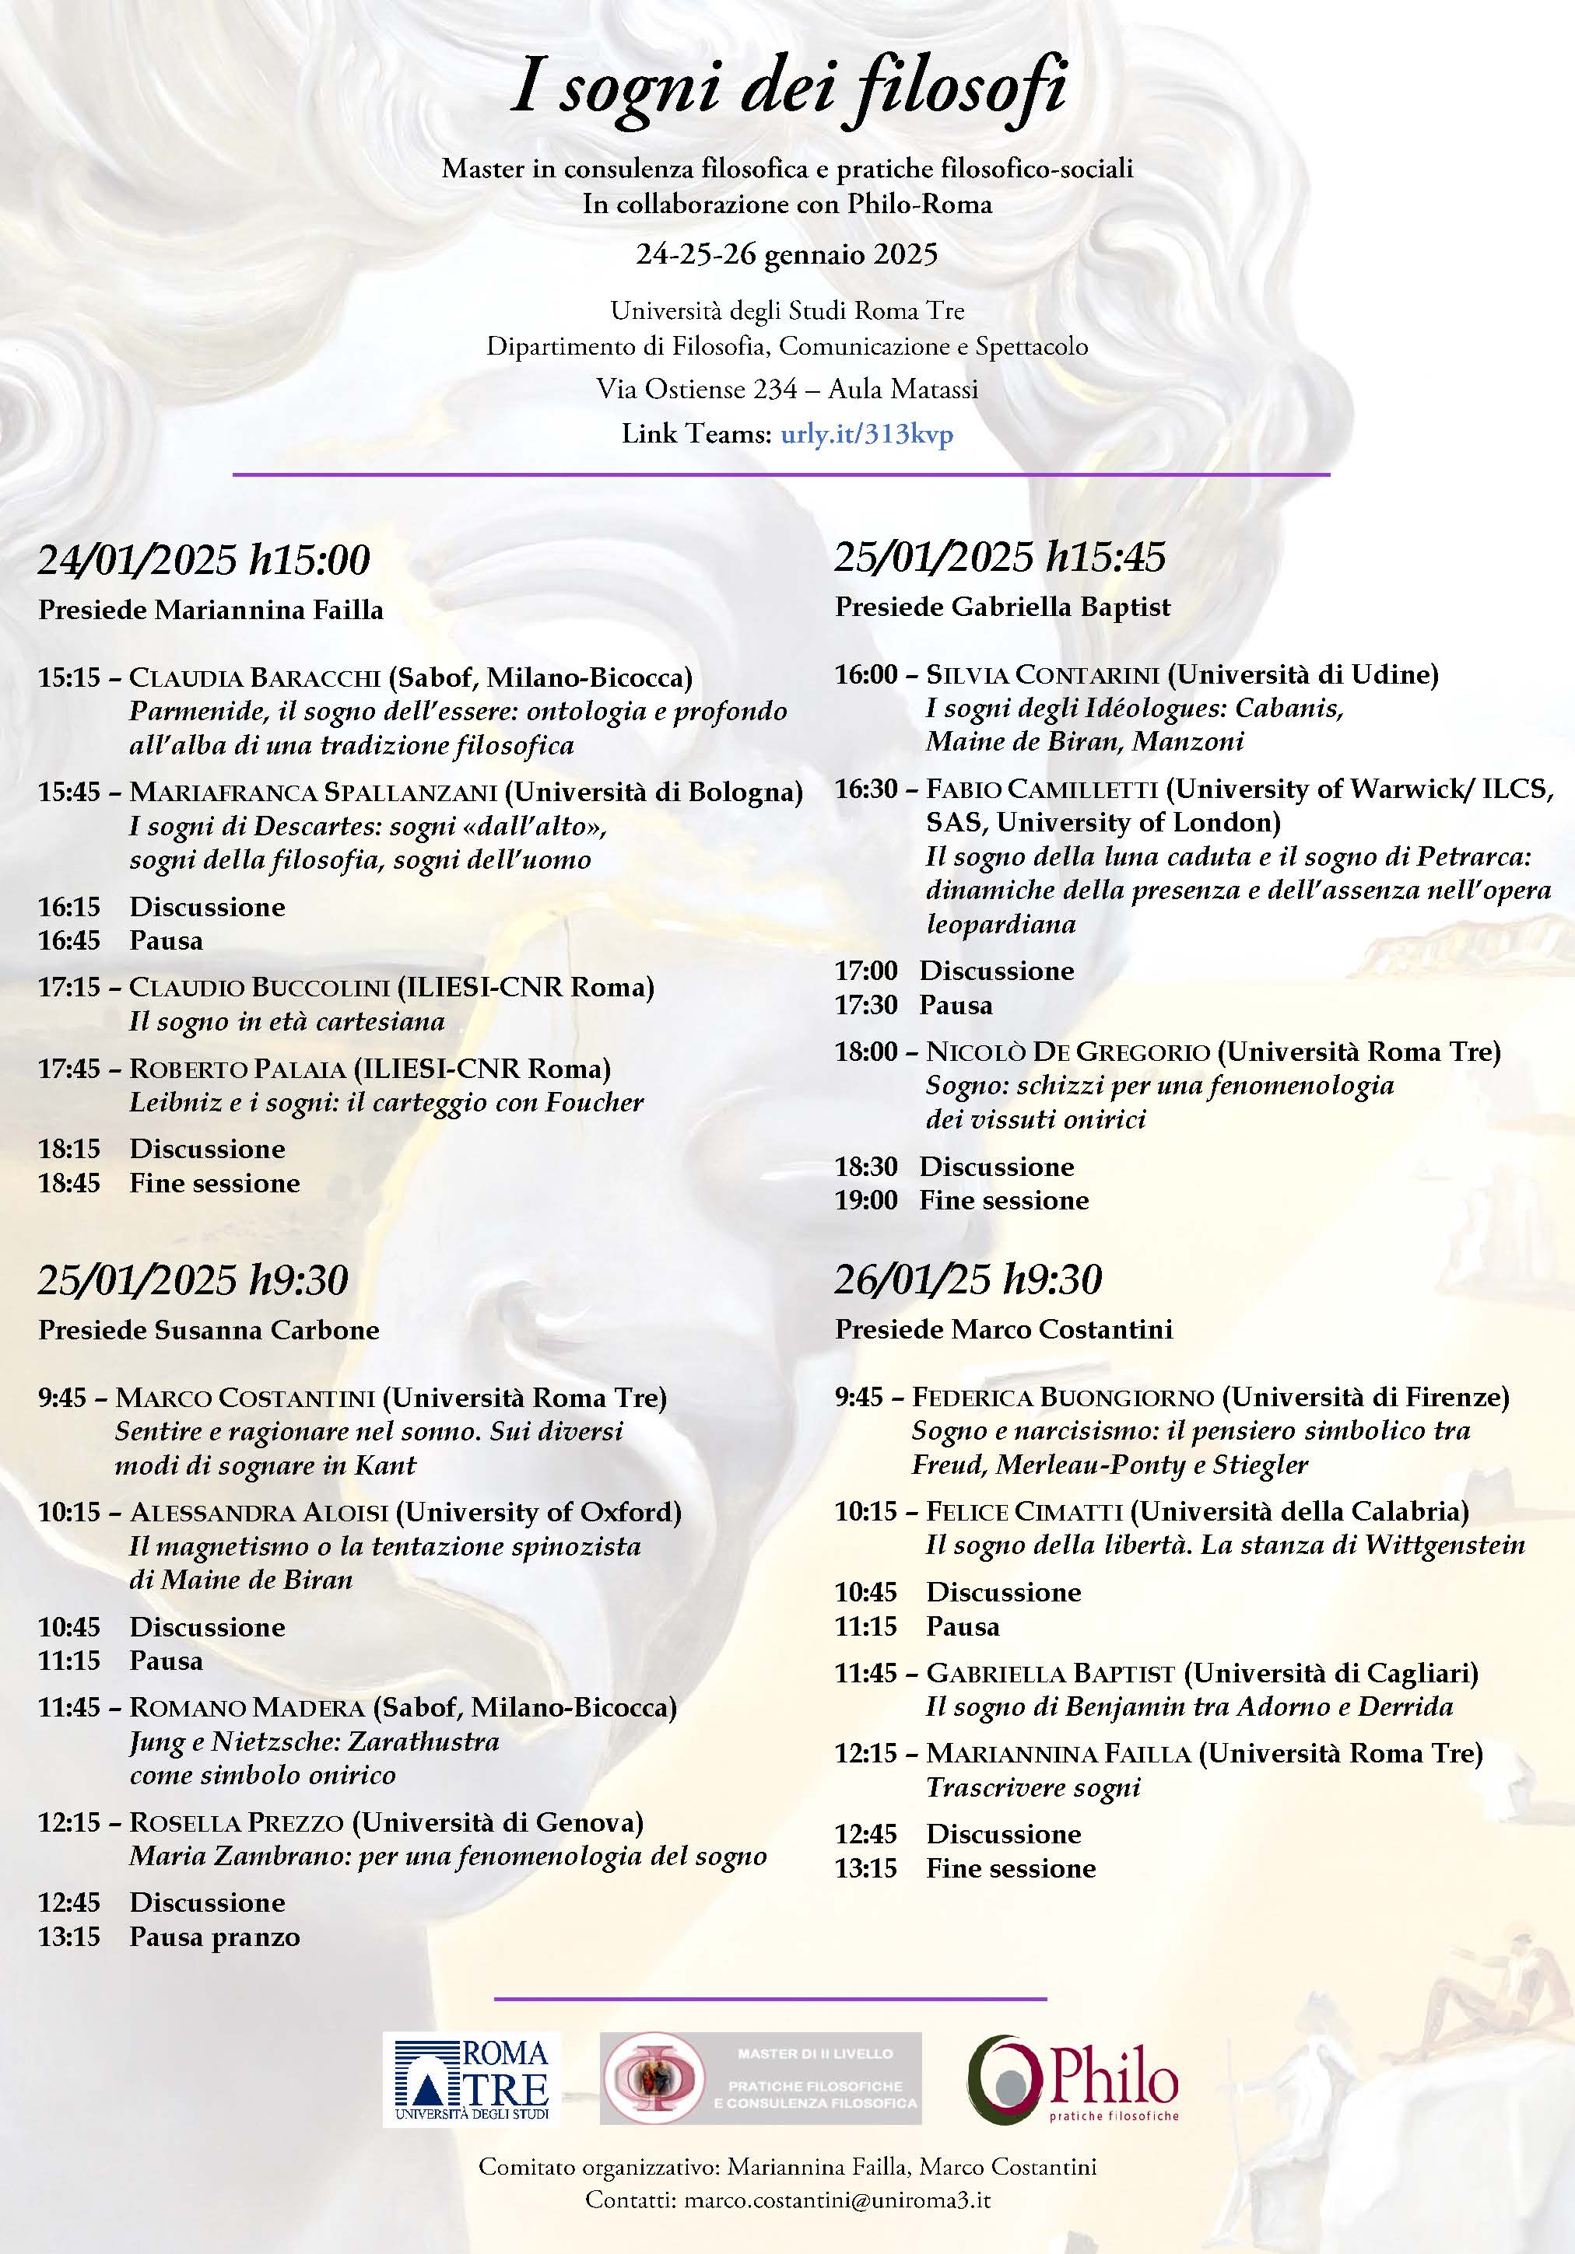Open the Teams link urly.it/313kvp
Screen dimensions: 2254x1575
[866, 434]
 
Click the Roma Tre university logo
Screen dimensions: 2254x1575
[472, 2079]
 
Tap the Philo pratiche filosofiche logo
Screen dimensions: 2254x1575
[1072, 2079]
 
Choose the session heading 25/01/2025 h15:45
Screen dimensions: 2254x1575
[1000, 557]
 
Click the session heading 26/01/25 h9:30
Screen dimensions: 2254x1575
[968, 1279]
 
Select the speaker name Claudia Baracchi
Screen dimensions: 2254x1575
[254, 677]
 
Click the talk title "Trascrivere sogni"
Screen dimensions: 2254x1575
[1033, 1787]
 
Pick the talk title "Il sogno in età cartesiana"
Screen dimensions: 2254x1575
[286, 1021]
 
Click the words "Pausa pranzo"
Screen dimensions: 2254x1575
[214, 1937]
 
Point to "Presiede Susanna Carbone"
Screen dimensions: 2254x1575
[209, 1330]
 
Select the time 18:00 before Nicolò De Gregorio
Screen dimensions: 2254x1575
[866, 1052]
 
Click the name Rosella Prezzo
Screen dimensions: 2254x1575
[236, 1822]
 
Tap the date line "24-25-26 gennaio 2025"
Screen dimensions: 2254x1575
[787, 254]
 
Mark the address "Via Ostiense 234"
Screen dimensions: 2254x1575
[696, 389]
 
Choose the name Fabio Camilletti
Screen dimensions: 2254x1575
[1045, 789]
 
